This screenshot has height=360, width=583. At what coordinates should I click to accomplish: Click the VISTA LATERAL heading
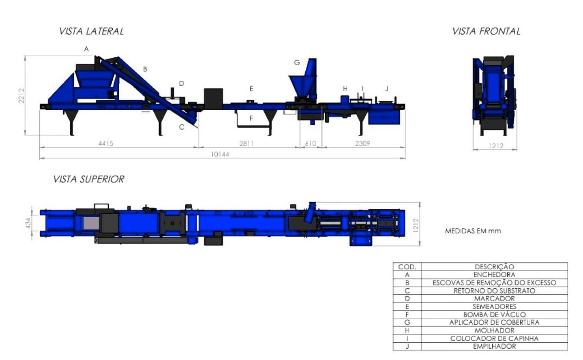[x=92, y=31]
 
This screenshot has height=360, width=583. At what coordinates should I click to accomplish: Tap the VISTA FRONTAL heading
[x=486, y=31]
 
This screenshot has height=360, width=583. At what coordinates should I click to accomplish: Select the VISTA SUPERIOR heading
[x=89, y=179]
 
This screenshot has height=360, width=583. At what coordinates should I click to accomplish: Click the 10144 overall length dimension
[x=220, y=154]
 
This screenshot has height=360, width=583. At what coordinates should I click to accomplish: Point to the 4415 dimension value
[x=106, y=143]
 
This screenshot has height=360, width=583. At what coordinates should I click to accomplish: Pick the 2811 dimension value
[x=247, y=143]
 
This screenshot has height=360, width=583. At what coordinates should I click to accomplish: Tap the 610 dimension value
[x=311, y=143]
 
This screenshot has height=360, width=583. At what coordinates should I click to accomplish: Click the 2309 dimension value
[x=363, y=143]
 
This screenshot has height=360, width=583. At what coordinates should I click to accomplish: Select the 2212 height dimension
[x=21, y=96]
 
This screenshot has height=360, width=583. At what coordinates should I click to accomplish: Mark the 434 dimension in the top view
[x=29, y=223]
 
